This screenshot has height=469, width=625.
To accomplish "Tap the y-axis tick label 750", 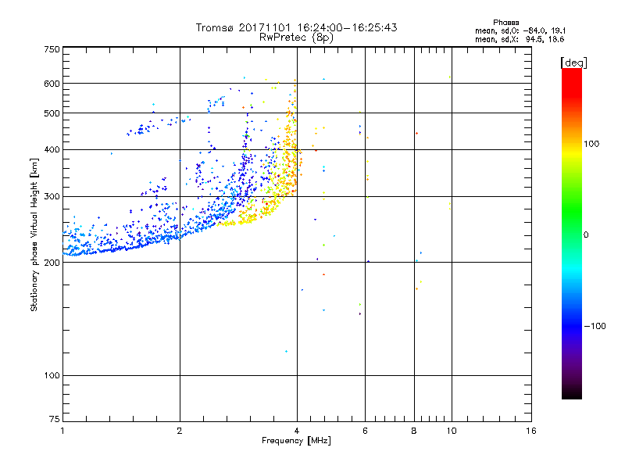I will [52, 48].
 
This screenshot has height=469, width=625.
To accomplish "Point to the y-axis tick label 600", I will [52, 84].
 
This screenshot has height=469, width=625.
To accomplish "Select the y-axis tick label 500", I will [52, 113].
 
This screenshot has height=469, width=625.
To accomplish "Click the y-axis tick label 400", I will [52, 149].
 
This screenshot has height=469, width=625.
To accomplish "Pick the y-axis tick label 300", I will [52, 196].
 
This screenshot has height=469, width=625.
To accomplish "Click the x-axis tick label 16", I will [531, 431].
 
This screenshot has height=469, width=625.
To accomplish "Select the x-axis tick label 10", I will [451, 431].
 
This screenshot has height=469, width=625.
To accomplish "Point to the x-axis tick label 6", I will [365, 431].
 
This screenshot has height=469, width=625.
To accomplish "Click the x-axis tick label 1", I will [62, 431].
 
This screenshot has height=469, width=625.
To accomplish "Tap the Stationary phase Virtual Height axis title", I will [34, 235].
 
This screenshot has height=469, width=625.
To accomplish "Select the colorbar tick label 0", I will [586, 234].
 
